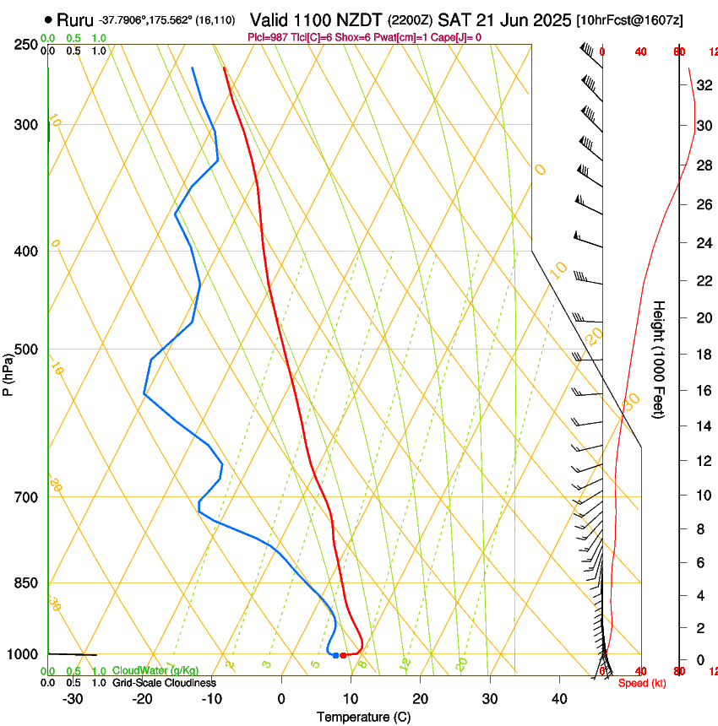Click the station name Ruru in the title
75,19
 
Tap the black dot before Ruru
48,19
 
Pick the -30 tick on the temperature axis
73,698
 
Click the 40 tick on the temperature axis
559,698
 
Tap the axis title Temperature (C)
363,717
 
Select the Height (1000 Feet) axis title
660,359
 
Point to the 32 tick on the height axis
703,85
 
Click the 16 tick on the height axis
703,390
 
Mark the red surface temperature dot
343,655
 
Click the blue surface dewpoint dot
335,655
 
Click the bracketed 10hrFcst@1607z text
630,19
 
